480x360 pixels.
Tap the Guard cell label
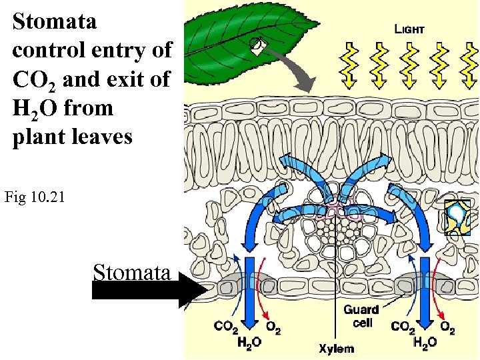361,316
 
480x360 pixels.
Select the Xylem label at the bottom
336,348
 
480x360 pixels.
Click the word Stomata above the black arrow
131,272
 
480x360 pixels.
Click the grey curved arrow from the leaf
293,69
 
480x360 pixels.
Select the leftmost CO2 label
226,327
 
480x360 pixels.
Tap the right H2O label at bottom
424,343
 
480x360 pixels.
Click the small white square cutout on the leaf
259,46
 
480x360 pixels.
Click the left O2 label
273,327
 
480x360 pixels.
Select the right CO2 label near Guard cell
403,327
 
